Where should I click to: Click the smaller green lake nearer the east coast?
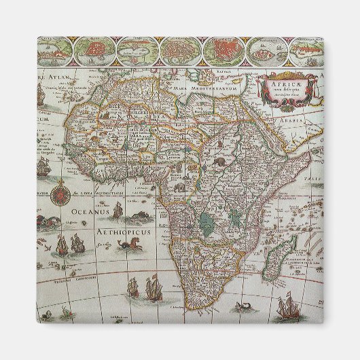point(235,218)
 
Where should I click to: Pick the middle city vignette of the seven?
point(180,48)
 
